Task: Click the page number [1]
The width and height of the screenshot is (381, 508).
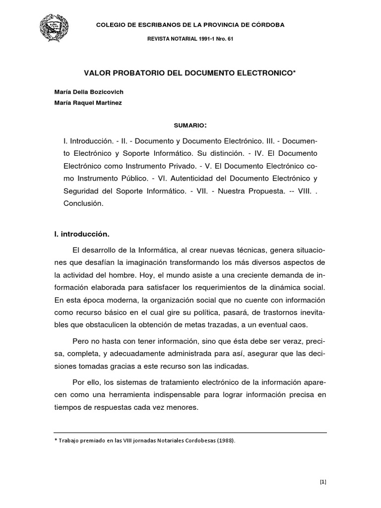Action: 322,481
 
